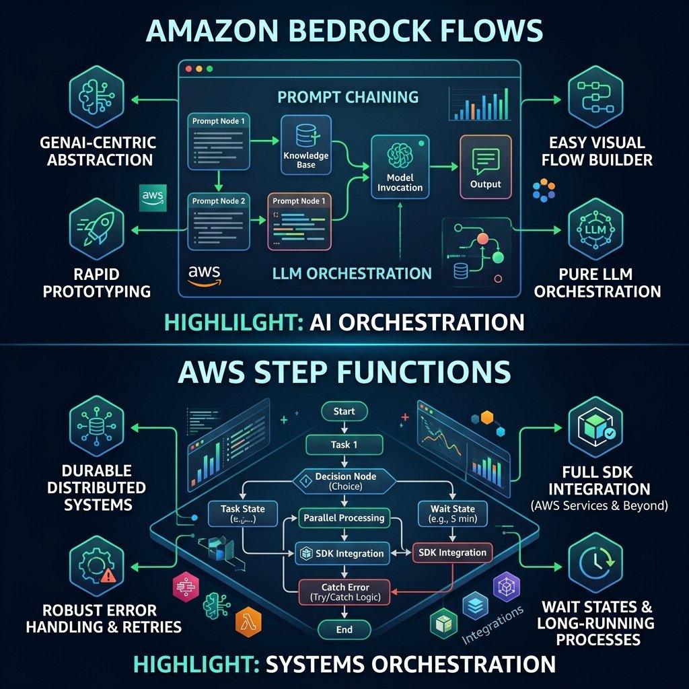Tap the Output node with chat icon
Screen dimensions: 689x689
click(485, 166)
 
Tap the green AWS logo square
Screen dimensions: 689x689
click(153, 197)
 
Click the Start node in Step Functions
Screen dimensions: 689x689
click(344, 411)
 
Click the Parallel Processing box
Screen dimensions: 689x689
click(344, 518)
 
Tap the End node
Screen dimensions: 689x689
click(344, 630)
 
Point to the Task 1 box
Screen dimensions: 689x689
click(344, 445)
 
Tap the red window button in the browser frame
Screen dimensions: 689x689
click(188, 69)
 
